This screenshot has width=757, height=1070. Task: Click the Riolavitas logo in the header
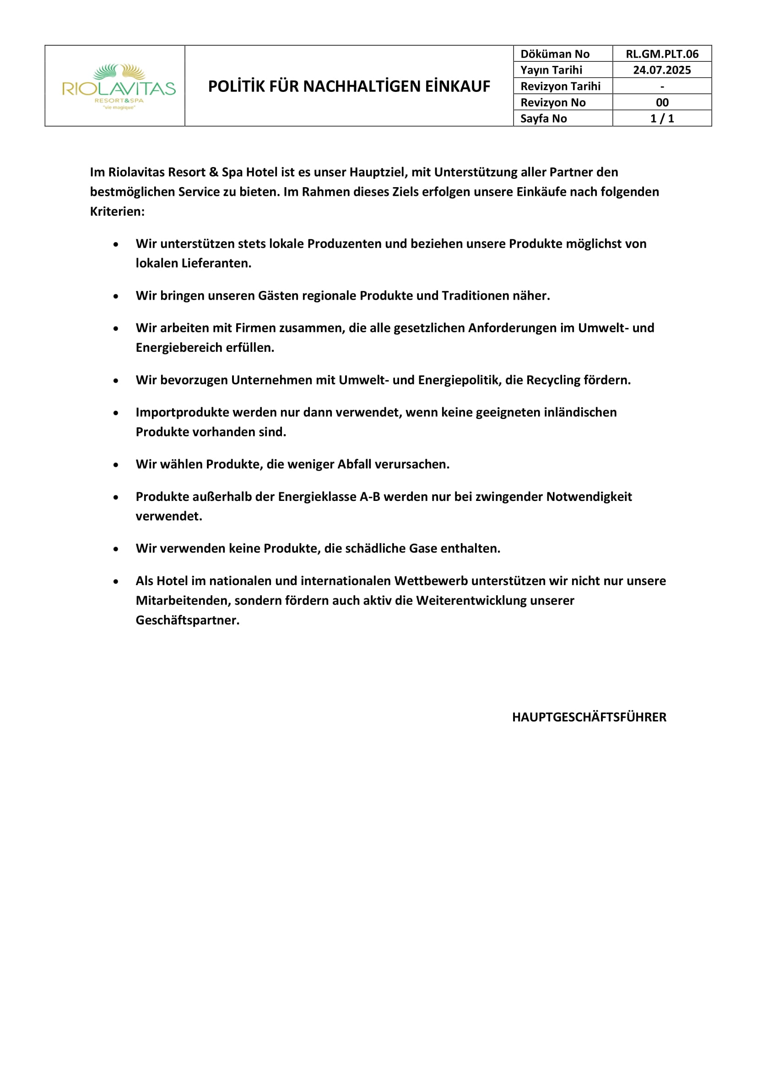pyautogui.click(x=119, y=86)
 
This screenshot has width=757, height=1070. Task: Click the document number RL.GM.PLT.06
pyautogui.click(x=661, y=54)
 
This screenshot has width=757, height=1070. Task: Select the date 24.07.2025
pyautogui.click(x=661, y=70)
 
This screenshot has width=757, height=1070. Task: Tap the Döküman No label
pyautogui.click(x=555, y=54)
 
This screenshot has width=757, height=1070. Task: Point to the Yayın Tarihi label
pyautogui.click(x=551, y=70)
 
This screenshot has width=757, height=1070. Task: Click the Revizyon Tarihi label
pyautogui.click(x=560, y=86)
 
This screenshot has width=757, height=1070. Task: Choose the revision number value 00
pyautogui.click(x=662, y=102)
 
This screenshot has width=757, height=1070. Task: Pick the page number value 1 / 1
pyautogui.click(x=662, y=118)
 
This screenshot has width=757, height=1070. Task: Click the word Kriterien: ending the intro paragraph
pyautogui.click(x=118, y=212)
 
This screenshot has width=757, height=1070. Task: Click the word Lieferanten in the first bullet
pyautogui.click(x=216, y=263)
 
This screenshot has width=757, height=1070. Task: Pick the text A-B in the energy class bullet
pyautogui.click(x=370, y=497)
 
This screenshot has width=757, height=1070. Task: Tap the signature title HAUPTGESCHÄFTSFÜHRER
pyautogui.click(x=589, y=717)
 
